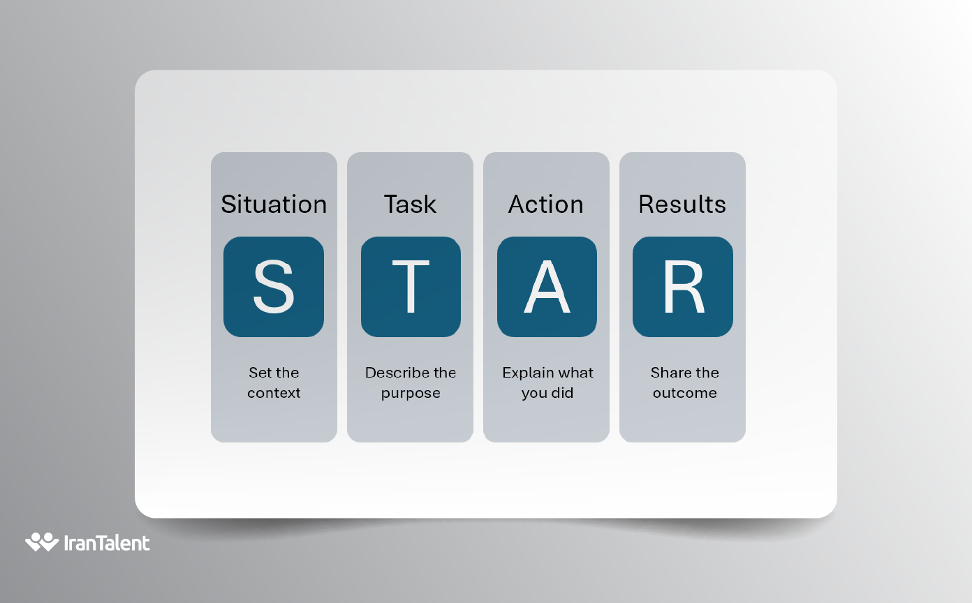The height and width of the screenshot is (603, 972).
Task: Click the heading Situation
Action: click(274, 204)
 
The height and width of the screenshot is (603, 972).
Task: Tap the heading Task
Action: click(410, 204)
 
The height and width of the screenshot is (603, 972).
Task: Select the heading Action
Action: click(546, 204)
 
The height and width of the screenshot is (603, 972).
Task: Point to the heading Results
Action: click(682, 204)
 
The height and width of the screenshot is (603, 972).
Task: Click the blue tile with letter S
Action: click(274, 287)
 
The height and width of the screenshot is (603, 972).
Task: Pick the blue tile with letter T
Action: click(411, 287)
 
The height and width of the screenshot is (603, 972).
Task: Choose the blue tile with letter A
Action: click(547, 287)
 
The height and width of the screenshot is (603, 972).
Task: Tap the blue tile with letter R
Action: click(683, 287)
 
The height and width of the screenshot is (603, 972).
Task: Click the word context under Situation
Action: click(274, 393)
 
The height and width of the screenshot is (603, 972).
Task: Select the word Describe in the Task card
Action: click(392, 373)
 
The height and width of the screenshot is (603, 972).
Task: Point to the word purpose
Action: click(411, 394)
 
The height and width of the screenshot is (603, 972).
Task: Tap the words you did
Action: click(547, 393)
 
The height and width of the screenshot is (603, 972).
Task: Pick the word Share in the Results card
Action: click(671, 373)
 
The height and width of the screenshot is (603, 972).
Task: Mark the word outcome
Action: click(685, 393)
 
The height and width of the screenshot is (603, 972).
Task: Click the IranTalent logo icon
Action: click(42, 542)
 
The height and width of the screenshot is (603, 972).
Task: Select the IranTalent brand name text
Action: click(107, 543)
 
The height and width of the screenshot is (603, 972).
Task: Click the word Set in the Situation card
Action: click(260, 373)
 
